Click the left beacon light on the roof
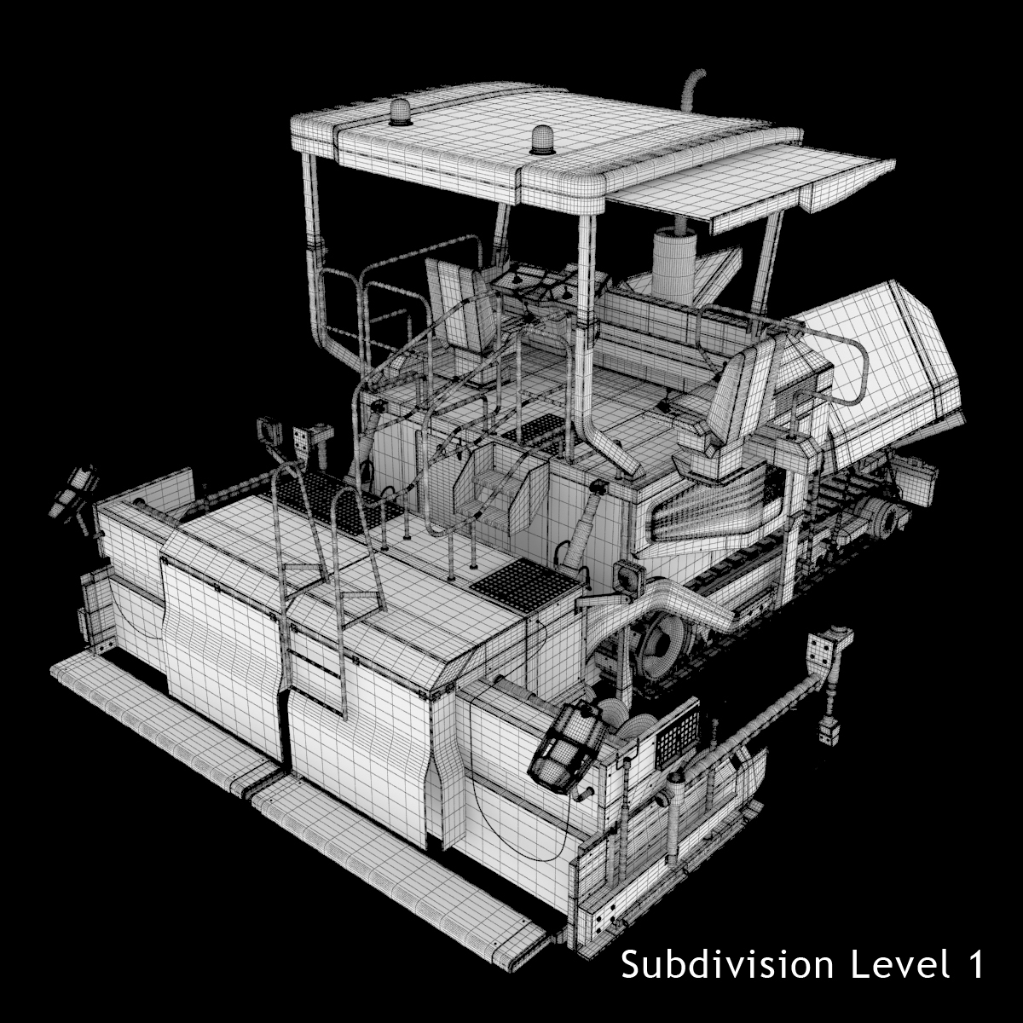(x=399, y=113)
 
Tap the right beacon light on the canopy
(x=540, y=140)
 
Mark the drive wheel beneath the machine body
(x=666, y=648)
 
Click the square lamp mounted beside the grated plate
(x=627, y=580)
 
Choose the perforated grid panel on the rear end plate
(x=677, y=732)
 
